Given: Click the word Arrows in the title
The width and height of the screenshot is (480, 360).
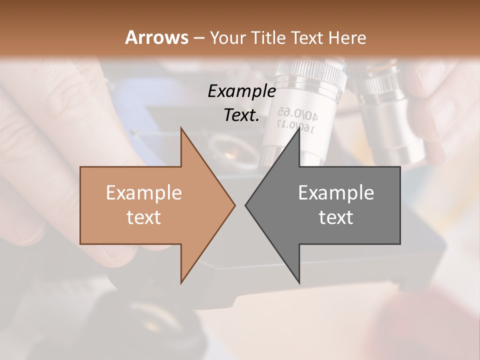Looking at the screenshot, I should click(156, 37).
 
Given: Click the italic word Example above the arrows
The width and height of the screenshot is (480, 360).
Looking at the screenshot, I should click(241, 91).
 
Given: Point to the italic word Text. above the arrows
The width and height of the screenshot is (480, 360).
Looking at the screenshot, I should click(241, 115).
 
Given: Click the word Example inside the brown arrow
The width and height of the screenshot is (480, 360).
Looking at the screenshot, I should click(143, 192).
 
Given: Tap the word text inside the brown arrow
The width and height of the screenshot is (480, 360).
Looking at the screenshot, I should click(143, 217).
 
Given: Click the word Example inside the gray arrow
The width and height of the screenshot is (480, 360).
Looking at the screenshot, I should click(336, 192).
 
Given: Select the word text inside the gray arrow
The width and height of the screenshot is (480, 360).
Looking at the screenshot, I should click(336, 217).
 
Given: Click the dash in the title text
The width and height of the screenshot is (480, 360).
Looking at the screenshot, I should click(198, 38).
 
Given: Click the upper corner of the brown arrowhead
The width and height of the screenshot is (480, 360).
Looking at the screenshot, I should click(181, 128).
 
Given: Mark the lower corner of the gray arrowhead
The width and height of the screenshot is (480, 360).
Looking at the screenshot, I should click(299, 282).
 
